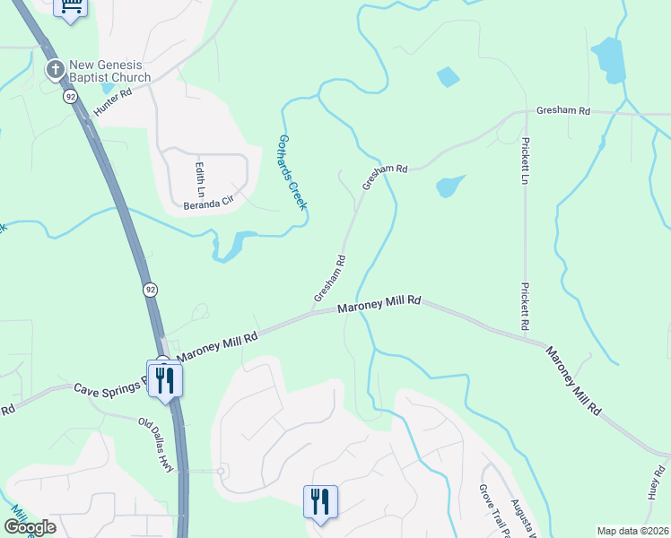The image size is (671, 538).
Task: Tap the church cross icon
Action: click(54, 68)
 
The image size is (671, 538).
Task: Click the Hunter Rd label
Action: click(112, 101)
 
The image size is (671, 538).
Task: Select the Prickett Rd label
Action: click(526, 307)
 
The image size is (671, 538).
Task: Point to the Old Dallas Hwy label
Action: click(155, 439)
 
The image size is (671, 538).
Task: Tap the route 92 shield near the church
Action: click(70, 97)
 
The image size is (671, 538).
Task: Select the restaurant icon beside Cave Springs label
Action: click(165, 380)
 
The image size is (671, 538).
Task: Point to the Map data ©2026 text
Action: click(632, 531)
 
